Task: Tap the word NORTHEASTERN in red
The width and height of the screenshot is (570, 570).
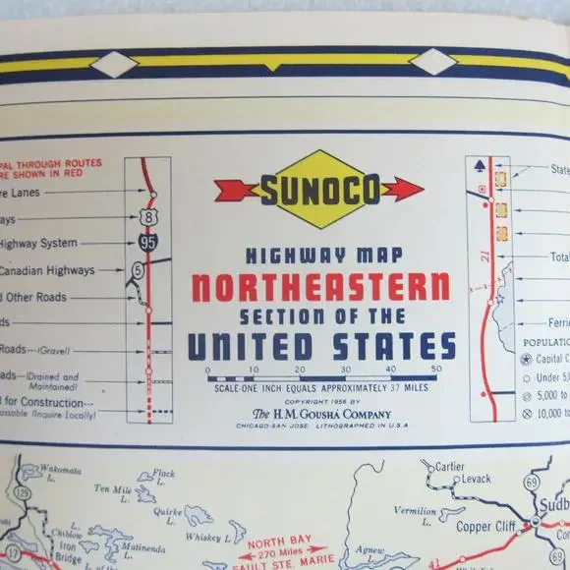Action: [x=320, y=288]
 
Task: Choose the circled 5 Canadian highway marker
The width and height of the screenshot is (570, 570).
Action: [x=137, y=267]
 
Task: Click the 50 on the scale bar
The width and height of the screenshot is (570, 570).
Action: [x=435, y=369]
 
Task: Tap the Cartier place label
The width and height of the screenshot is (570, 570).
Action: [x=447, y=467]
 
